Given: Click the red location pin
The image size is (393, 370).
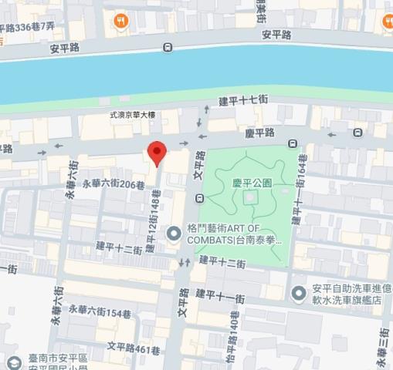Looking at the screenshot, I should [157, 153].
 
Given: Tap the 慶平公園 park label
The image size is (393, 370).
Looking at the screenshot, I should [252, 183].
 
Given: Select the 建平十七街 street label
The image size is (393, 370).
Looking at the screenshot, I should [243, 101].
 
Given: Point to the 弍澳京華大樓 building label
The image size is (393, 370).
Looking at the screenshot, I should [132, 116].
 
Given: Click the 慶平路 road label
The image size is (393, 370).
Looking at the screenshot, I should [260, 133].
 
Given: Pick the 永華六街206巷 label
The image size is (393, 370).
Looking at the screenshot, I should [113, 184].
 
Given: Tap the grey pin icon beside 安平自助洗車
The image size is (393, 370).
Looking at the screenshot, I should [299, 293].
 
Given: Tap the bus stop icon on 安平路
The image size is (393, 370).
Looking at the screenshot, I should [168, 48].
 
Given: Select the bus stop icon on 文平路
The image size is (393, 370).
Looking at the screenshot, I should [200, 200].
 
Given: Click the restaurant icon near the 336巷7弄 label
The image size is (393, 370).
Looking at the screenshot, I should [120, 22].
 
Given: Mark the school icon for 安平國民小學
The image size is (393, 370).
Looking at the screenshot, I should [11, 362].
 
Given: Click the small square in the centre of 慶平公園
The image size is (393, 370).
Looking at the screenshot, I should [249, 199].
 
